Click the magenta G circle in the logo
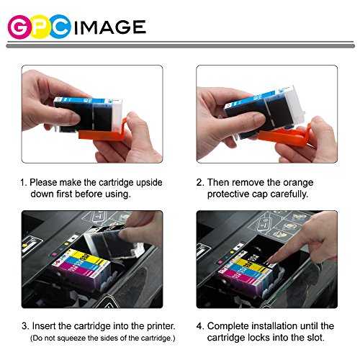19,27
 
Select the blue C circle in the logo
60,27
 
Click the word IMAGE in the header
110,27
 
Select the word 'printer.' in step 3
161,326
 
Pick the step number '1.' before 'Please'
24,183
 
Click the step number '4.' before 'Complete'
200,326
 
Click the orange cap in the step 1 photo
102,132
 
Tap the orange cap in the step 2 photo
285,136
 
